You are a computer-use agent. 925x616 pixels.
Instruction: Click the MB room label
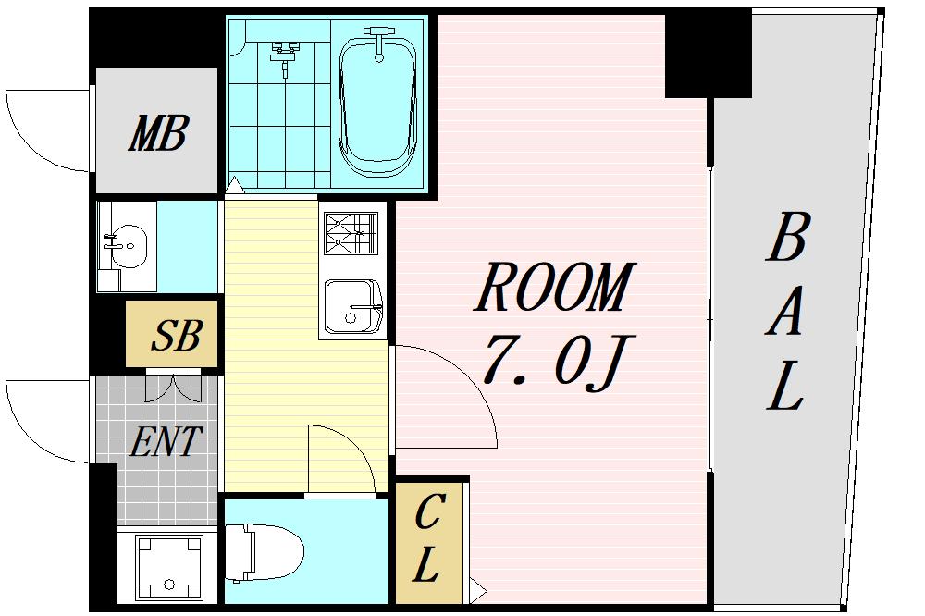[x=158, y=133]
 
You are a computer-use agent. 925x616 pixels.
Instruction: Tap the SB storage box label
[x=177, y=335]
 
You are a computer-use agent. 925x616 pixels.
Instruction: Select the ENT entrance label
[x=166, y=441]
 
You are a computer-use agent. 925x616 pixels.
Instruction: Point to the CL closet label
[x=427, y=537]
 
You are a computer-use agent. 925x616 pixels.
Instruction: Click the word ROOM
[x=555, y=288]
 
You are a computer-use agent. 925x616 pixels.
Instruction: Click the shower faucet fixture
[x=285, y=55]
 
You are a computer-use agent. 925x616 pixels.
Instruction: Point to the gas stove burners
[x=351, y=233]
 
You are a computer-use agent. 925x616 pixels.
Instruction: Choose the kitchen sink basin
[x=352, y=305]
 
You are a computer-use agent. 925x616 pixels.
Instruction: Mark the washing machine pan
[x=168, y=568]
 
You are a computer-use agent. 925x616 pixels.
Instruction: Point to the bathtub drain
[x=378, y=58]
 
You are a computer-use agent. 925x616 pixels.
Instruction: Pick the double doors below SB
[x=174, y=387]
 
